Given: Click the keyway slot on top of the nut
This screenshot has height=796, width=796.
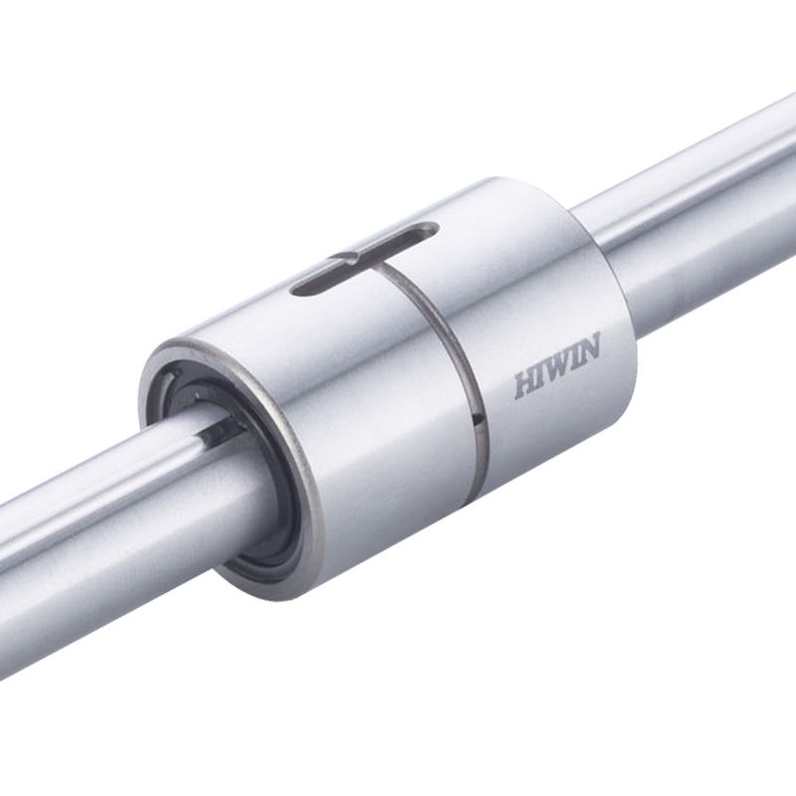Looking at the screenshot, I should click(x=364, y=259).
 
